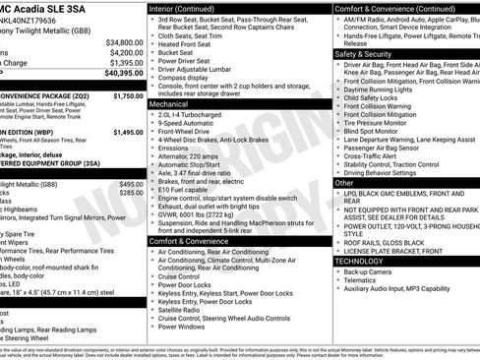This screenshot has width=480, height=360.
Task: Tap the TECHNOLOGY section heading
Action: point(358,261)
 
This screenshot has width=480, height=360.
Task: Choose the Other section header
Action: point(344,183)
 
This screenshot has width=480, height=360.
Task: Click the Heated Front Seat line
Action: point(185,44)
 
